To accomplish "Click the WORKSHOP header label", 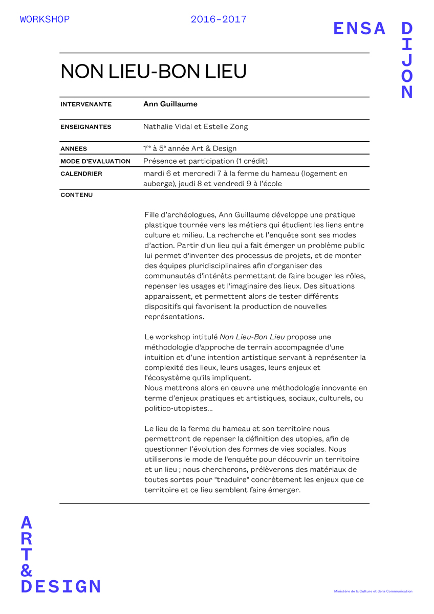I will [x=45, y=19].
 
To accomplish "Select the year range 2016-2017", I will [x=219, y=19].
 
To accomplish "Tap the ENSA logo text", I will [x=359, y=29].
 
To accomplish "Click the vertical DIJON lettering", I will [x=407, y=60].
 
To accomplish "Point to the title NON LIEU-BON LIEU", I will [x=154, y=72].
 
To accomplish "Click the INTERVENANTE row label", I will [x=86, y=104].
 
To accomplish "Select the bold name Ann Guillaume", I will [x=170, y=104].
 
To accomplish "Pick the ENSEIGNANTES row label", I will [x=86, y=127].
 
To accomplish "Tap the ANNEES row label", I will [x=74, y=149].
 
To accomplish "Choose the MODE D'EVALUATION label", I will [x=95, y=161].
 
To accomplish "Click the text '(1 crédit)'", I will [x=252, y=161].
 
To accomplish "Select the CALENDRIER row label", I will [x=81, y=174].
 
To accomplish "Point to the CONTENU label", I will [x=77, y=195].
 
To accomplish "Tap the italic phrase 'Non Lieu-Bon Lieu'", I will [x=252, y=337].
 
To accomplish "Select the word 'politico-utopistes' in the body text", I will [x=175, y=408].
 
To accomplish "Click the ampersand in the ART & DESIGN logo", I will [x=27, y=570].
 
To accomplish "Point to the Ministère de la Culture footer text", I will [x=373, y=591].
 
